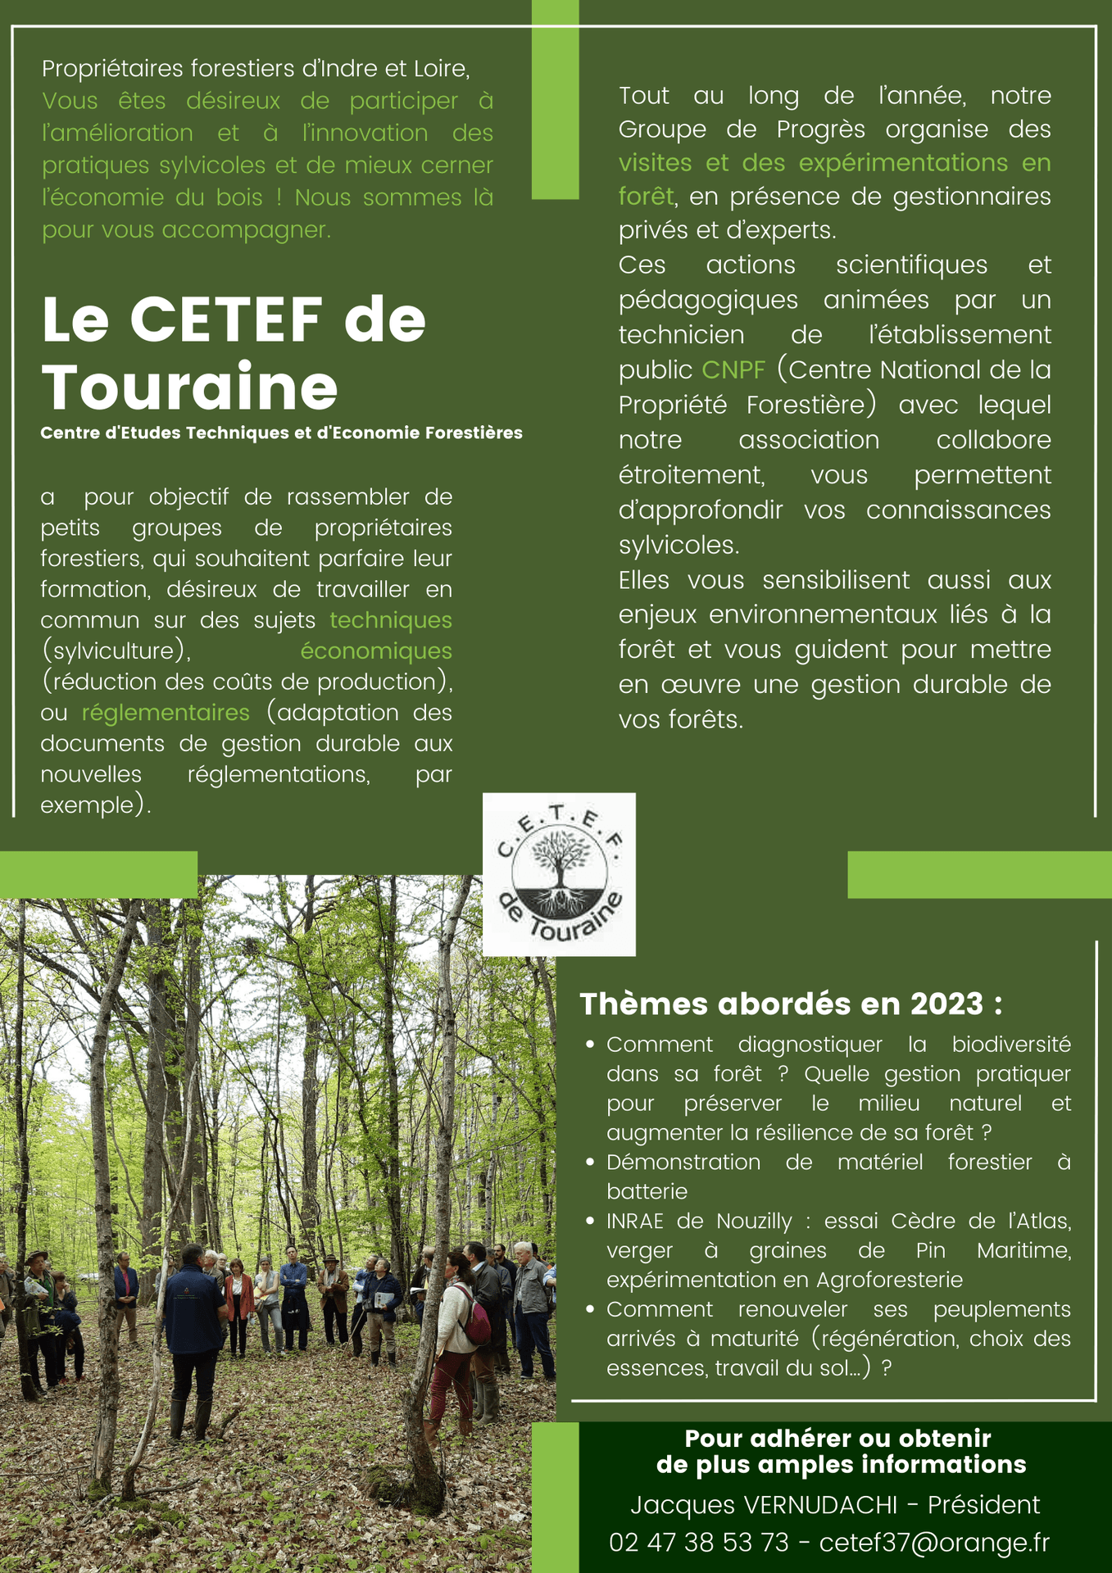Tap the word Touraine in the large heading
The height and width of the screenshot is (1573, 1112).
tap(189, 387)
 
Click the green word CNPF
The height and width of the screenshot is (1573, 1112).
tap(733, 369)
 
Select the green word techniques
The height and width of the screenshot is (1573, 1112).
tap(391, 620)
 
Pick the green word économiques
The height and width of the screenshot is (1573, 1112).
tap(376, 651)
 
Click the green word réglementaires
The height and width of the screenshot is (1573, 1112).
tap(166, 713)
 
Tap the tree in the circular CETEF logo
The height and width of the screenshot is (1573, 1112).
tap(561, 860)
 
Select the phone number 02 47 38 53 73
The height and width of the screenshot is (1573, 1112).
tap(699, 1543)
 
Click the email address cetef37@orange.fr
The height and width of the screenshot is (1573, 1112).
tap(934, 1543)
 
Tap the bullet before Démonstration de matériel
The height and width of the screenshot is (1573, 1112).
tap(590, 1162)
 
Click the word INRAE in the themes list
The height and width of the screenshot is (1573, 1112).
tap(635, 1222)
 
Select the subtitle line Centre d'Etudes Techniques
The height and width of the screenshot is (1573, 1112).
tap(281, 433)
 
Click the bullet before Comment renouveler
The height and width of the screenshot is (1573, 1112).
tap(590, 1309)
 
